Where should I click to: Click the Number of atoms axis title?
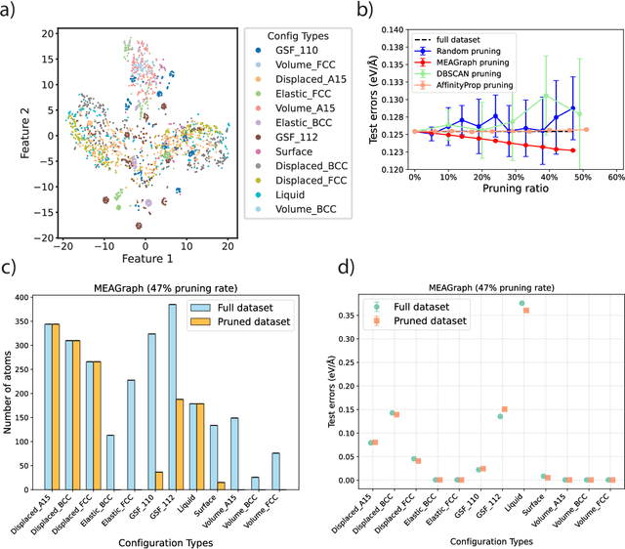13,396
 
